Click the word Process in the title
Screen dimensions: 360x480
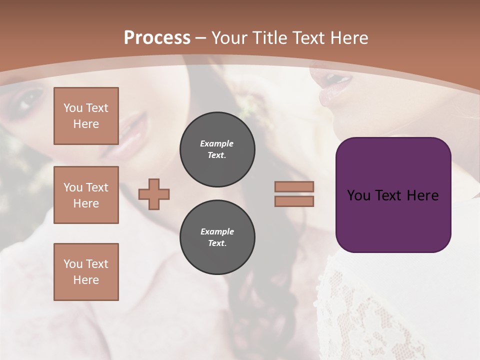pyautogui.click(x=157, y=38)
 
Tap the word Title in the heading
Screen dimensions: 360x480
pyautogui.click(x=267, y=38)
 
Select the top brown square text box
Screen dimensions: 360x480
pyautogui.click(x=86, y=116)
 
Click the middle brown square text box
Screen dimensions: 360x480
pyautogui.click(x=86, y=195)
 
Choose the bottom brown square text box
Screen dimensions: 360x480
pyautogui.click(x=86, y=272)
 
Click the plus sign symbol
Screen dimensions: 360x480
pyautogui.click(x=154, y=194)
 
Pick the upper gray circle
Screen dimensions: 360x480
pyautogui.click(x=217, y=149)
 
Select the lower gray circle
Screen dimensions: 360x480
pyautogui.click(x=217, y=237)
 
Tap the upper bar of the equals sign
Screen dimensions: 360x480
pyautogui.click(x=294, y=186)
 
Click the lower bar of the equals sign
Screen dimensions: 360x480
pyautogui.click(x=294, y=201)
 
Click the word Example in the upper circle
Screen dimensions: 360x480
pyautogui.click(x=217, y=143)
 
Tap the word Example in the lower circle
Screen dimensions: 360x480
pyautogui.click(x=217, y=231)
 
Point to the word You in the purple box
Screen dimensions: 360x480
pyautogui.click(x=358, y=195)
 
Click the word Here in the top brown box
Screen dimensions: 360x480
pyautogui.click(x=86, y=124)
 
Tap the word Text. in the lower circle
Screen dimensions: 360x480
pyautogui.click(x=217, y=243)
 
